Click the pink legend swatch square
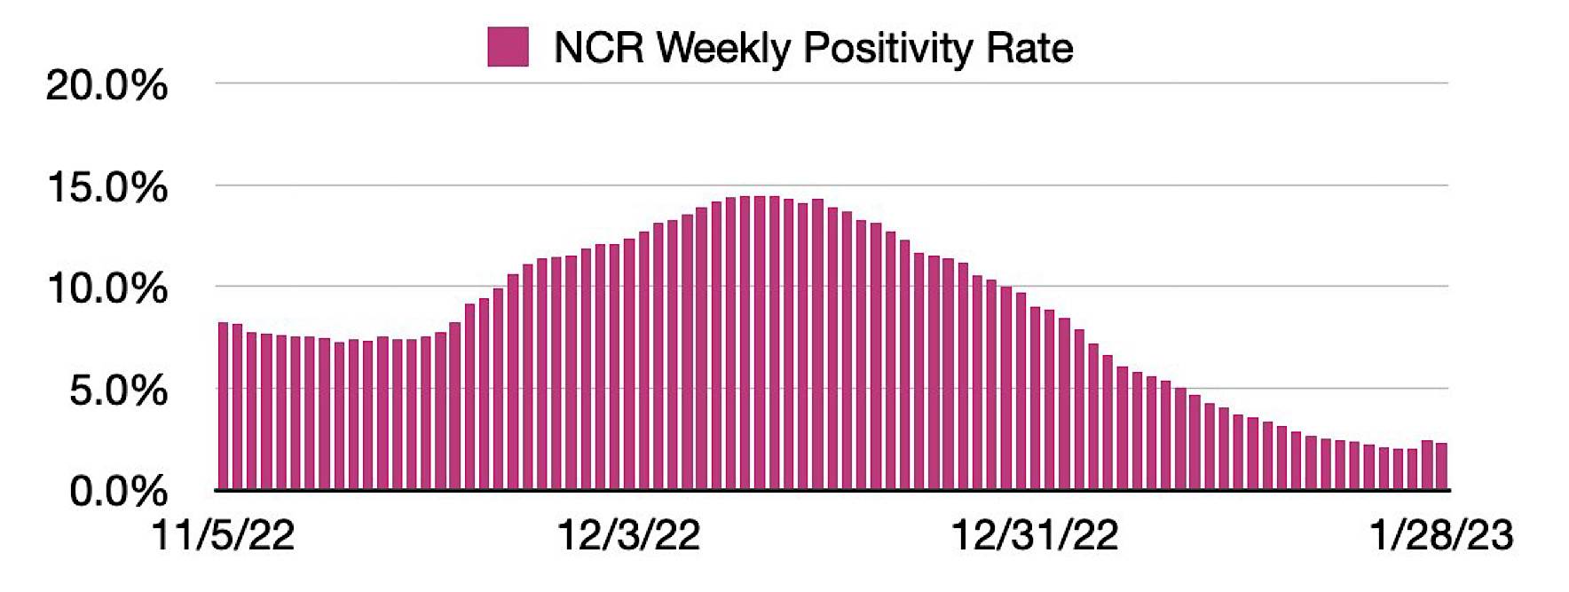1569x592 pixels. click(508, 46)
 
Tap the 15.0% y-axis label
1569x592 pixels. click(106, 188)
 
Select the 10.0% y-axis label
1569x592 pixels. click(106, 289)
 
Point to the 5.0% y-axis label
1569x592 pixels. click(118, 391)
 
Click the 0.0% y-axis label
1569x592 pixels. click(118, 491)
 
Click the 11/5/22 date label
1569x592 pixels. click(223, 536)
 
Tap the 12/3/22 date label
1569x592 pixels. click(628, 536)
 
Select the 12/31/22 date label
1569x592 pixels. click(1034, 536)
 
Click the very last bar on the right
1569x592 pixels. click(1442, 466)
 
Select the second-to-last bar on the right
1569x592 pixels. click(1427, 465)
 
